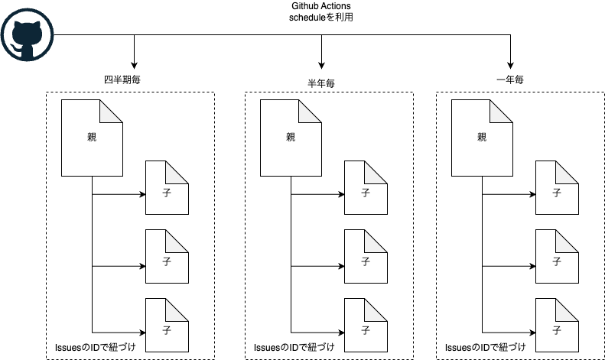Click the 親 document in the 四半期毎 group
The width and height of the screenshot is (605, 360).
92,138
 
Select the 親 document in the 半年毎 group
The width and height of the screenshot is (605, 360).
291,138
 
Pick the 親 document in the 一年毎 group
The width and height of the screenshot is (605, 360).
482,138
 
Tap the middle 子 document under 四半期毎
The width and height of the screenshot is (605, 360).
167,261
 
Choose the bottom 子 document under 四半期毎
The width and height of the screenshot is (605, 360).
167,328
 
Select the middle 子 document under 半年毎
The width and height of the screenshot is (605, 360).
366,261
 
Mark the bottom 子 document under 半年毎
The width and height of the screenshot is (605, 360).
366,328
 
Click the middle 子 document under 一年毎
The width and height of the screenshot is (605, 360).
557,261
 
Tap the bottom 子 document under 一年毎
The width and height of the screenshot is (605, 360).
557,328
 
